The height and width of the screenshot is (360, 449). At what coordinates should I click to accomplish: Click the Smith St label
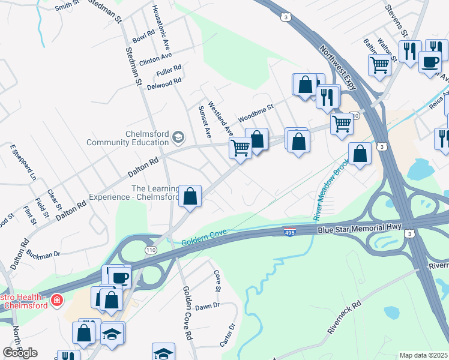[67, 7]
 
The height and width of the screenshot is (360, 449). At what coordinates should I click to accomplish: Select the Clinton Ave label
[155, 59]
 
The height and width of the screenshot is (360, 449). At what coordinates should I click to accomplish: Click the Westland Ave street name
[219, 117]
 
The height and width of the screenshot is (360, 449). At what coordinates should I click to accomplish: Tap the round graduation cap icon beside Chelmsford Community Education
[178, 138]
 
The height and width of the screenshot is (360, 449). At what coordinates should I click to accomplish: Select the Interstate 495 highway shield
[289, 232]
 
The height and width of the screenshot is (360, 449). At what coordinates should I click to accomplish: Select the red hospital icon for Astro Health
[56, 299]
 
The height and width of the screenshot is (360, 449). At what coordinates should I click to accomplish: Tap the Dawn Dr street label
[208, 306]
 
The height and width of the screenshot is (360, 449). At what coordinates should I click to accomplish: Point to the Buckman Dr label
[43, 254]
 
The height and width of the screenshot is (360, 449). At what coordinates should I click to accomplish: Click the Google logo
[20, 353]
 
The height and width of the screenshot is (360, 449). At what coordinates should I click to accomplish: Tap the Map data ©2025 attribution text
[423, 355]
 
